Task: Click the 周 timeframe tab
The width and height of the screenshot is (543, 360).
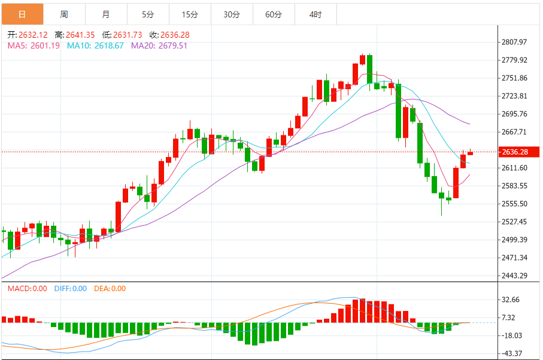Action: [64, 14]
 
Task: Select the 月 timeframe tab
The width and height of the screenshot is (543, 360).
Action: [106, 14]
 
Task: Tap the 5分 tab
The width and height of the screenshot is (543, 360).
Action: [148, 14]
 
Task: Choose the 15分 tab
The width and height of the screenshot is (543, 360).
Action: [190, 14]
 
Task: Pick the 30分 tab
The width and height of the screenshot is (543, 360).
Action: [232, 14]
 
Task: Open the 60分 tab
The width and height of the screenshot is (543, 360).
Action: [274, 14]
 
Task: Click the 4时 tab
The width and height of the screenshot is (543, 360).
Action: [316, 14]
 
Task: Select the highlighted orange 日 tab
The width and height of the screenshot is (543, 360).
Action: [22, 14]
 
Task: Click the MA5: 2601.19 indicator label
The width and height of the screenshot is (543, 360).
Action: [34, 46]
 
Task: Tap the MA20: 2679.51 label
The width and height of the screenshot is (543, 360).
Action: [159, 46]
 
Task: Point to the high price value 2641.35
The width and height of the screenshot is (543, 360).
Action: [74, 35]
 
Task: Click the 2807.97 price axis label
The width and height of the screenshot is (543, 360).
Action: [514, 42]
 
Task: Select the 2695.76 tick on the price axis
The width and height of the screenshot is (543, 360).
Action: [514, 114]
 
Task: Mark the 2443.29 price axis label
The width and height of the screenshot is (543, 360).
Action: [514, 276]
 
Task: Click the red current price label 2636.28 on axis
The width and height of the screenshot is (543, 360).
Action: [514, 152]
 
